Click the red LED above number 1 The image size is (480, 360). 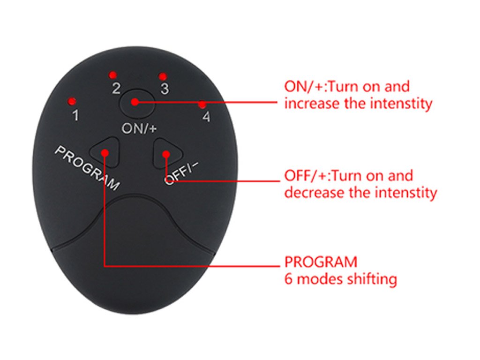point(72,101)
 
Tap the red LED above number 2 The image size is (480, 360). point(113,75)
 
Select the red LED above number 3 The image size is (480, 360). point(163,76)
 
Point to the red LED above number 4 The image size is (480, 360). point(202,105)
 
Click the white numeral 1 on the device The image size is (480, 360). point(75,115)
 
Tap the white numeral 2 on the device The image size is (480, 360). point(116,89)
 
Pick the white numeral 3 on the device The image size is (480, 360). point(165,89)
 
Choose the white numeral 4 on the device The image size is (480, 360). point(207,117)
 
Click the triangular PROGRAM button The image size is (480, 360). point(105,152)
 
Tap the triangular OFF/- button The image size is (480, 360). point(167,153)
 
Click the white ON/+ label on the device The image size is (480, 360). point(139,128)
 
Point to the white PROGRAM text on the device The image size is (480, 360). point(87,168)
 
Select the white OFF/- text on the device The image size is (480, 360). point(181,173)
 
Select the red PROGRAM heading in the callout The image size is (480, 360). point(321,262)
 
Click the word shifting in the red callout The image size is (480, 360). point(372,279)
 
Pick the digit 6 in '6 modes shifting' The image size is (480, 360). point(288,279)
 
